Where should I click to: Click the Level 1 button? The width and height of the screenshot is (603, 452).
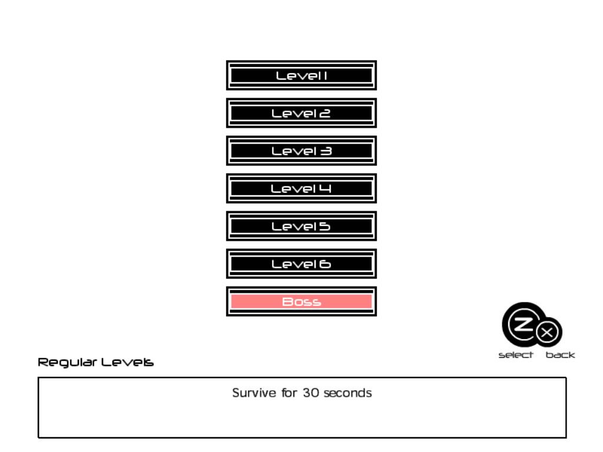click(301, 75)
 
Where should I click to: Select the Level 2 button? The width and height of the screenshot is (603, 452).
click(301, 113)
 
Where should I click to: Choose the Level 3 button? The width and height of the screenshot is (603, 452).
click(301, 151)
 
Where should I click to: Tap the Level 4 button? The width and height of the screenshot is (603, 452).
click(301, 188)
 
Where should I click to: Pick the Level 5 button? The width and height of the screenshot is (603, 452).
click(301, 226)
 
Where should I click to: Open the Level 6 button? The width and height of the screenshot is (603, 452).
click(301, 264)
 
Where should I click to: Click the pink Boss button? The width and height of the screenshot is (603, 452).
click(301, 301)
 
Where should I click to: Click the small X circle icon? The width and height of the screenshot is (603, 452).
click(548, 333)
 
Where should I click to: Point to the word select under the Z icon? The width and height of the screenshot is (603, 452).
click(516, 355)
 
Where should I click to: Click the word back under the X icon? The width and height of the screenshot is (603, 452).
click(560, 355)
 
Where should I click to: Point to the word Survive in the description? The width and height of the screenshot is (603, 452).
click(254, 393)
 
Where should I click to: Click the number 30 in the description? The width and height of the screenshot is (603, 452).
click(310, 393)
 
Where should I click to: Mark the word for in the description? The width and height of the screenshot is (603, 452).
click(289, 393)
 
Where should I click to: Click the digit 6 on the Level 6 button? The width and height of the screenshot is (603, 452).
click(325, 264)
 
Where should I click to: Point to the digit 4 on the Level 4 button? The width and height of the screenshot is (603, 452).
click(325, 189)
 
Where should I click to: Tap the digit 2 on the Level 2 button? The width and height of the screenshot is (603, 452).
click(324, 114)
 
